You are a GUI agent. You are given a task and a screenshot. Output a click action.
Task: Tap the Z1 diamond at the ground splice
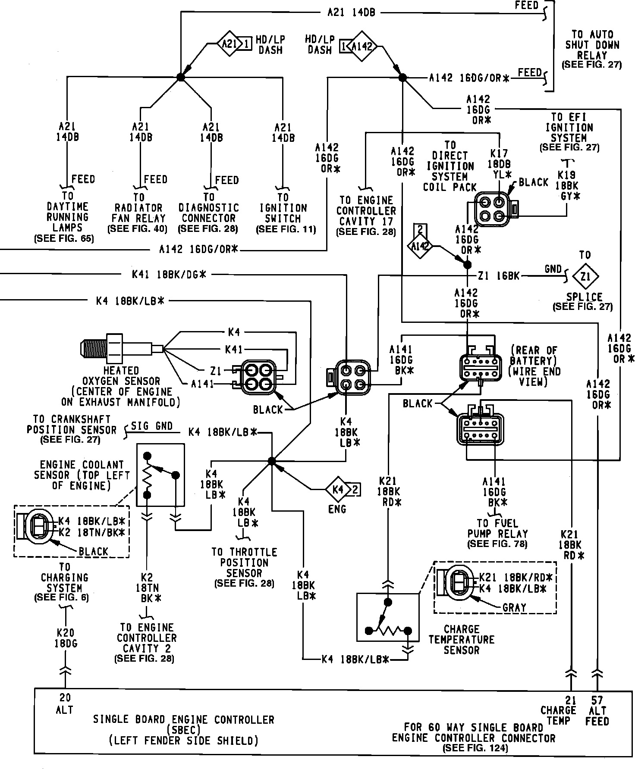click(585, 276)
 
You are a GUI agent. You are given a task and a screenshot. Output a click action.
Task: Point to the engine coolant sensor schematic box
click(160, 475)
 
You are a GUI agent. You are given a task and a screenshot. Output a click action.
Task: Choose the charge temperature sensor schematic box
click(388, 617)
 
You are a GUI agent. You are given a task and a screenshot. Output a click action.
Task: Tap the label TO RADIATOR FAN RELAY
click(139, 213)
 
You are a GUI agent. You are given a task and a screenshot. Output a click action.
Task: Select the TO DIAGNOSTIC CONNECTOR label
click(209, 213)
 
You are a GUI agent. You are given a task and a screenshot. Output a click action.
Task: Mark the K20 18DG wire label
click(65, 638)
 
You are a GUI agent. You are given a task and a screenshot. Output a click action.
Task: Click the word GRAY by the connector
click(514, 608)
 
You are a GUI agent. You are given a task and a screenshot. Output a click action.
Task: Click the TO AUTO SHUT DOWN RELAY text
click(592, 45)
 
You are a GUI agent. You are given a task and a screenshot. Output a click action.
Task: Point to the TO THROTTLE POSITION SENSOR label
click(244, 563)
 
